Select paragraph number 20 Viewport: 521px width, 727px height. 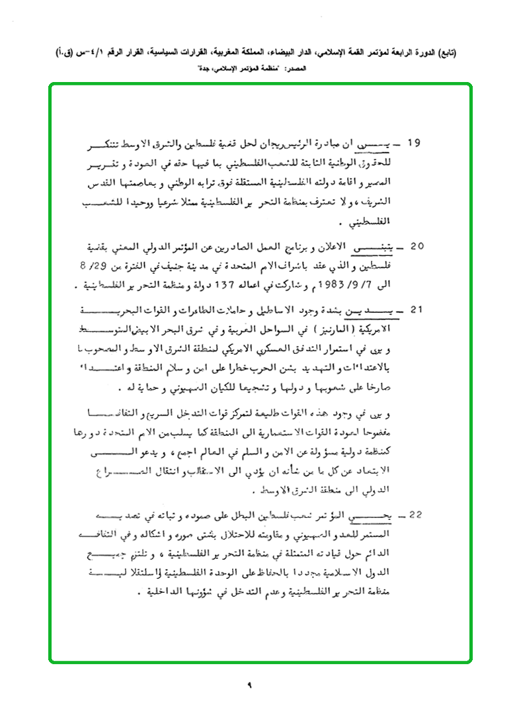[x=417, y=246]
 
